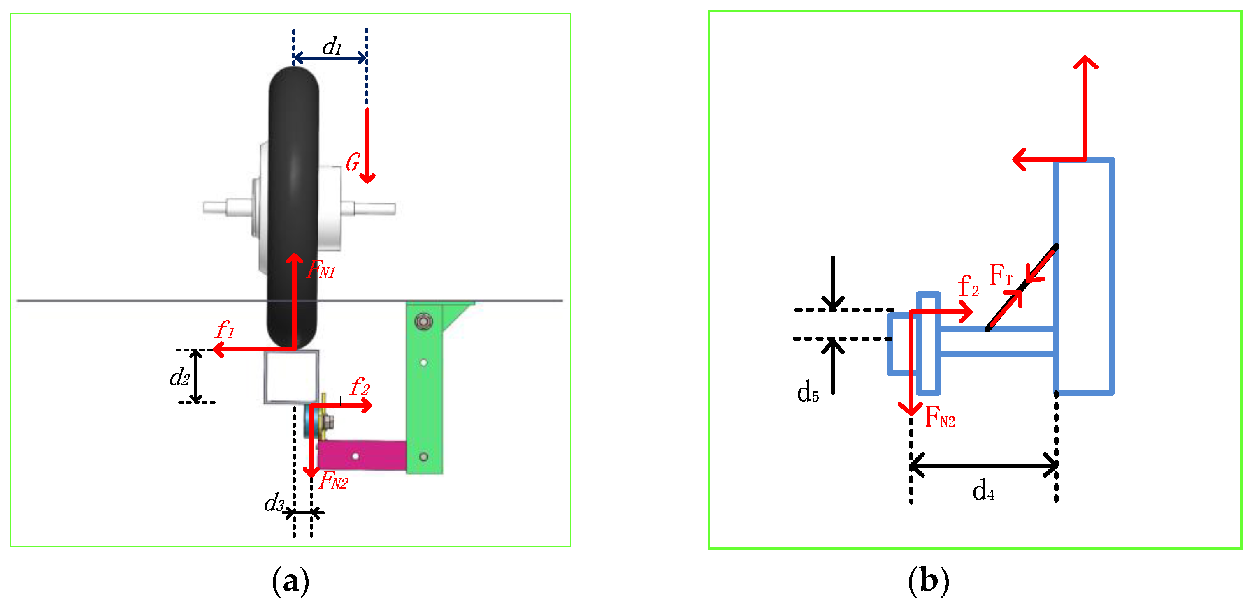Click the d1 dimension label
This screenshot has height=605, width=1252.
[332, 46]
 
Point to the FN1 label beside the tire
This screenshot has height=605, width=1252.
[321, 268]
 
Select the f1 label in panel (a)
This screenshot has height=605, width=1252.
[225, 330]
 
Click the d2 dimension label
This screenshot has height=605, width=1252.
[179, 376]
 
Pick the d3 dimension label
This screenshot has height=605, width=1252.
[274, 503]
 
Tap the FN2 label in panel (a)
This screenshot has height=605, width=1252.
[333, 480]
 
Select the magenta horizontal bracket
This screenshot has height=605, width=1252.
[362, 455]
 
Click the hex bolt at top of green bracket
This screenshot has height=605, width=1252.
[423, 321]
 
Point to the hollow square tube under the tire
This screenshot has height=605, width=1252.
[292, 377]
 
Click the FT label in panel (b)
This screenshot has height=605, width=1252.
[1001, 275]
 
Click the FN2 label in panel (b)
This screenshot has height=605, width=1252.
[940, 417]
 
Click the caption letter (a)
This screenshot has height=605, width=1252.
[290, 581]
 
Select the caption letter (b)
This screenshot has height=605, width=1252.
[928, 581]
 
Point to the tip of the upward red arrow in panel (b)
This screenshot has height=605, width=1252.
[1085, 57]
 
